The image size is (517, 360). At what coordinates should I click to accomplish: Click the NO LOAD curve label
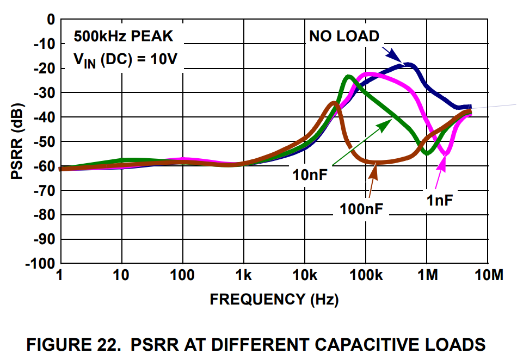point(344,36)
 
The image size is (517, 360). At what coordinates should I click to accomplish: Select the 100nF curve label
point(361,208)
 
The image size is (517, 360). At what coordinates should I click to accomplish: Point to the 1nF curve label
point(439,200)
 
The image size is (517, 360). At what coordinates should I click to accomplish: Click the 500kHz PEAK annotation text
point(124,36)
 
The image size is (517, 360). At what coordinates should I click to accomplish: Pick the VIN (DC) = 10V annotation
point(125,59)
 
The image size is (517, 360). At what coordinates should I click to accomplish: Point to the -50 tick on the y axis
point(44,141)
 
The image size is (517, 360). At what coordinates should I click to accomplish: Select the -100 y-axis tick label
point(40,264)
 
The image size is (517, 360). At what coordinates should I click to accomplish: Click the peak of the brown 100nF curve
point(334,103)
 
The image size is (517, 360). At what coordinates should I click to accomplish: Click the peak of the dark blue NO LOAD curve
point(407,65)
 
